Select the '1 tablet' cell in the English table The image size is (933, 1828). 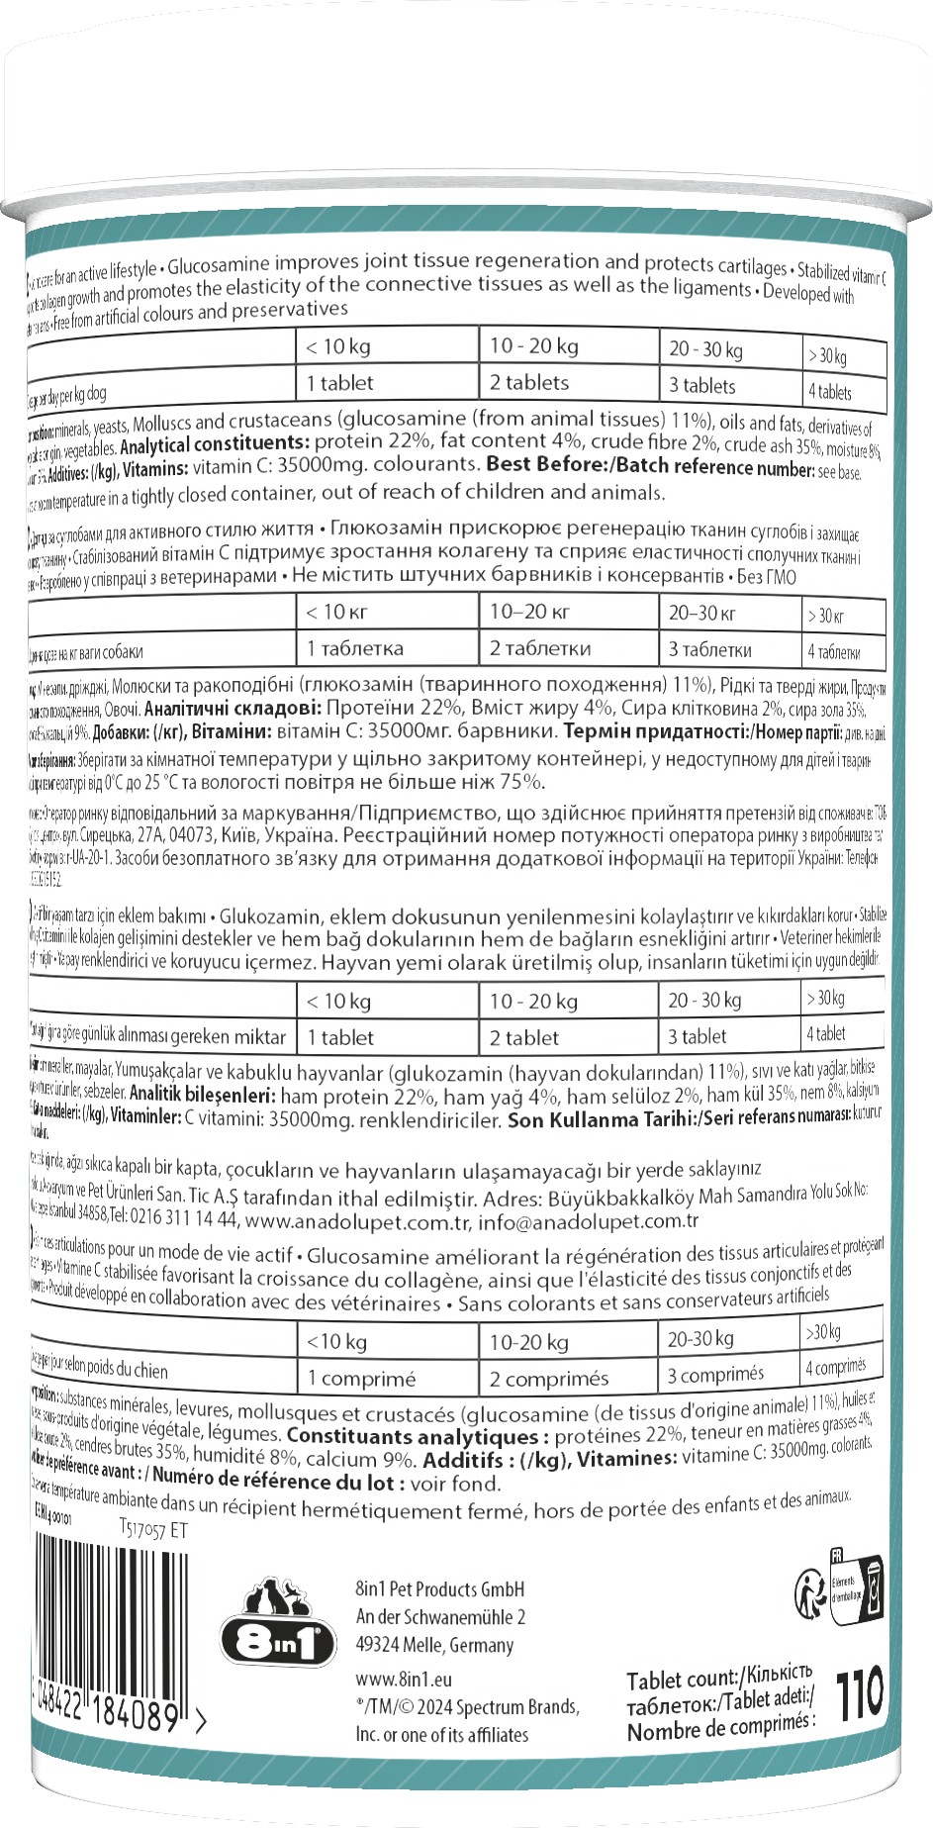pos(340,383)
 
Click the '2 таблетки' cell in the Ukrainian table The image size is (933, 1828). pos(539,649)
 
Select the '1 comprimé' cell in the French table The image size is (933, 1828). pos(361,1378)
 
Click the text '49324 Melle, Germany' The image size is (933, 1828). pos(434,1645)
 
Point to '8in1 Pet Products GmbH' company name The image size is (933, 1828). pos(440,1589)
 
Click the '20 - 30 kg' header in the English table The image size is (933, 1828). pos(705,349)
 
